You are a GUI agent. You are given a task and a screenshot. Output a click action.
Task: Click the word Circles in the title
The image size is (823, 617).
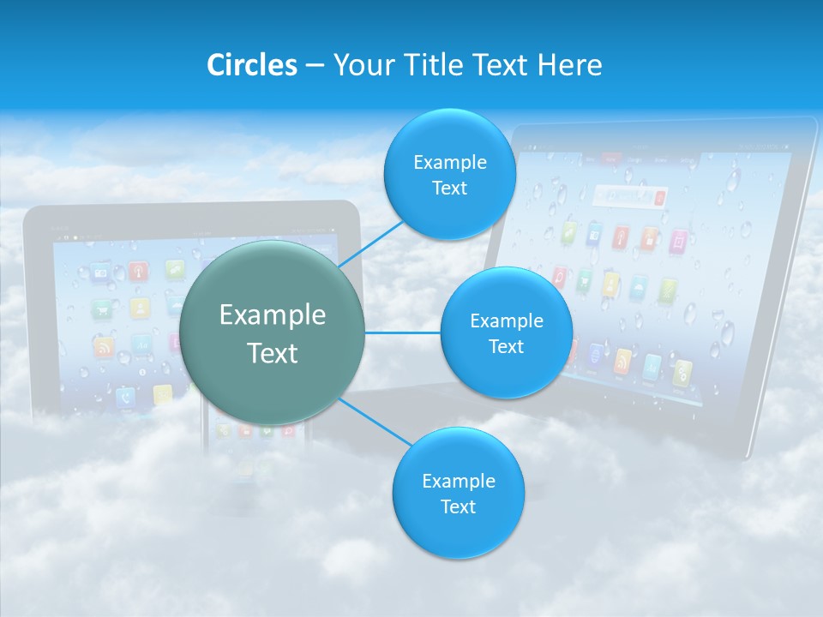[251, 65]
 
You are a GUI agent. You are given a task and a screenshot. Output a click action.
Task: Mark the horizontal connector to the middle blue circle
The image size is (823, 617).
[402, 332]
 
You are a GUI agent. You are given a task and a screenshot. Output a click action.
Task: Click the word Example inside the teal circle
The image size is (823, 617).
[273, 315]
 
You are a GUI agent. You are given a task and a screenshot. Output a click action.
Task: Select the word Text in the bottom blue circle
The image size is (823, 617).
[458, 506]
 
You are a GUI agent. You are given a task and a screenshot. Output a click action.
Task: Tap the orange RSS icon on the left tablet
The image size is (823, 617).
[104, 347]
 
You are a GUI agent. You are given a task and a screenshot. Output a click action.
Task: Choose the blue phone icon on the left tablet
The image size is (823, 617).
[125, 396]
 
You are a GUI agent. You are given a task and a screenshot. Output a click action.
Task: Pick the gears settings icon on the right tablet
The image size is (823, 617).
[682, 372]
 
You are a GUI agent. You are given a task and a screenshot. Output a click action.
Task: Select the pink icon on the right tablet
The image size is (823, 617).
[678, 242]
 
